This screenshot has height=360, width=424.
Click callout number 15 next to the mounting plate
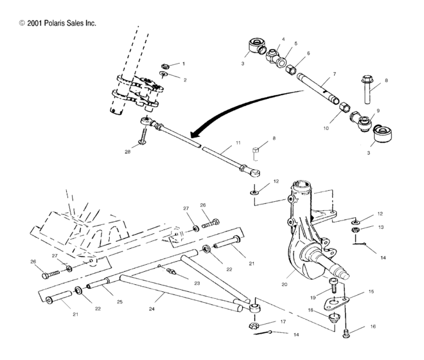click(x=370, y=292)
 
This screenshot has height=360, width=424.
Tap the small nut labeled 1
click(x=164, y=65)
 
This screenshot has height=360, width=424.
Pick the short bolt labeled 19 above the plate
click(x=333, y=285)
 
